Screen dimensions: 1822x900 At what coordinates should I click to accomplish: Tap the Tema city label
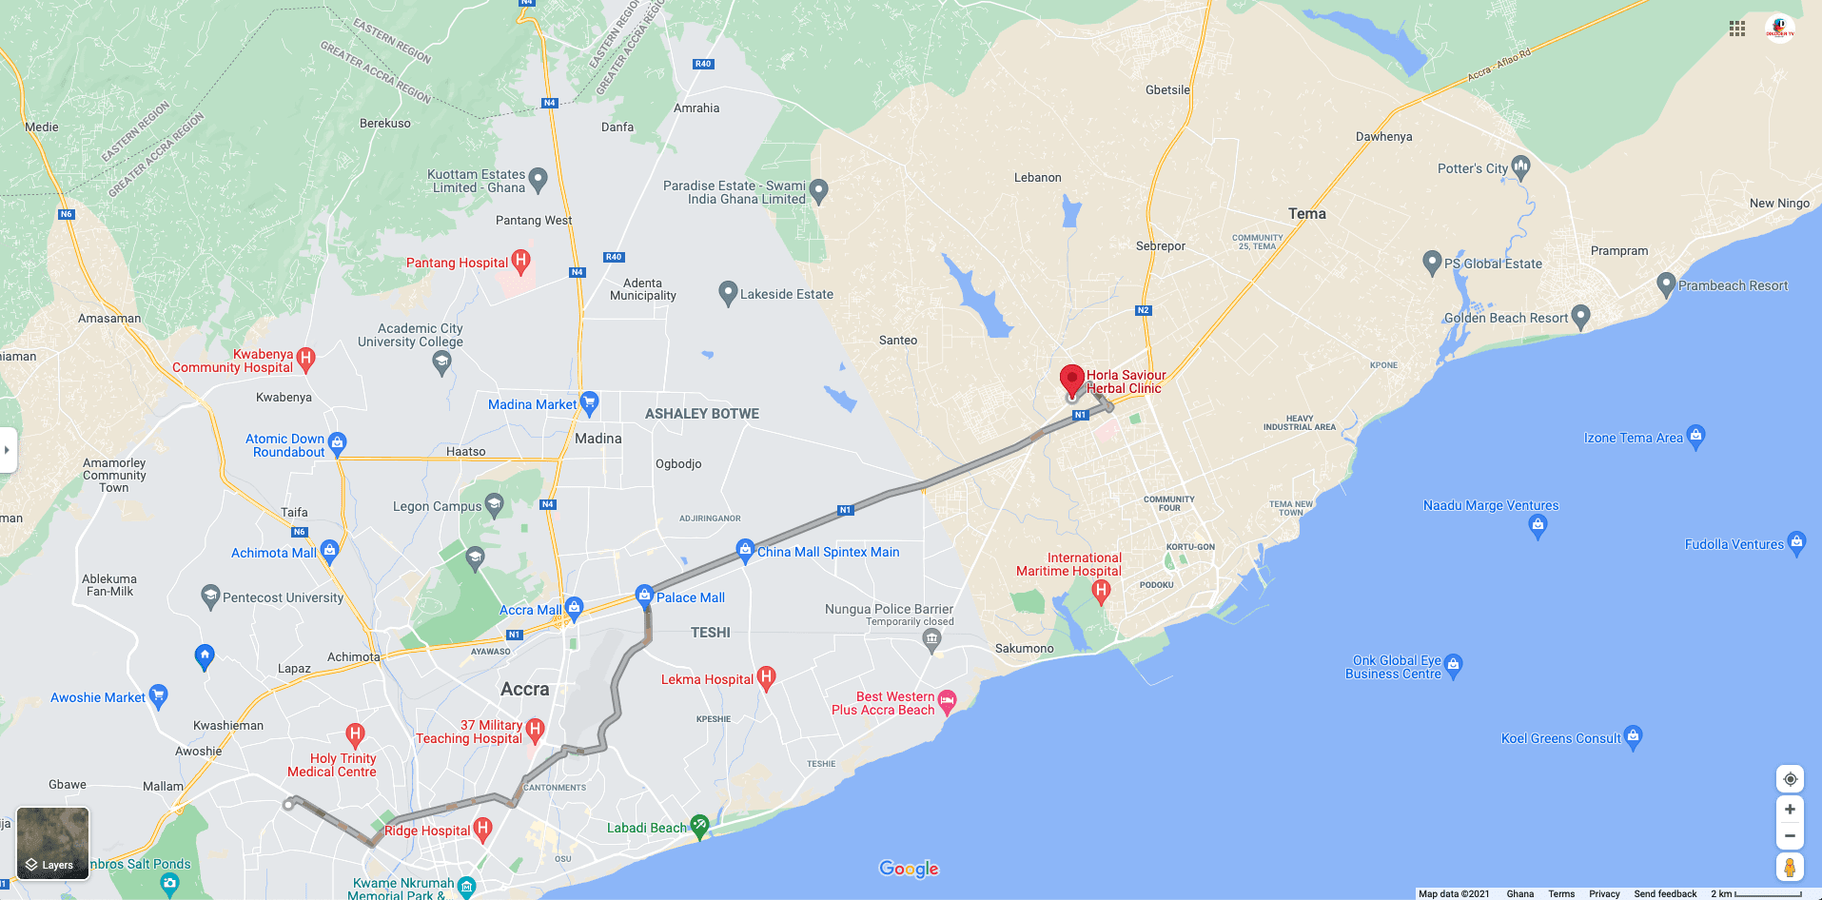coord(1306,214)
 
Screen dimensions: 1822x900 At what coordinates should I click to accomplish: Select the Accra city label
coord(524,689)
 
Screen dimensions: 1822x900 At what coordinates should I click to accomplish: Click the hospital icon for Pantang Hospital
coord(520,260)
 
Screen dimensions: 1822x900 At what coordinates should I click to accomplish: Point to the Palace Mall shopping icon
coord(644,597)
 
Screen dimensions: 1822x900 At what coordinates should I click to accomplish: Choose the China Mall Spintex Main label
coord(828,552)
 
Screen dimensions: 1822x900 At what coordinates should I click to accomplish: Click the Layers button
coord(53,843)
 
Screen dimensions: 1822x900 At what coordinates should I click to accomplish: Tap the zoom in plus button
coord(1790,810)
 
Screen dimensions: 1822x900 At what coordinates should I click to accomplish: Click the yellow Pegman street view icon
coord(1790,867)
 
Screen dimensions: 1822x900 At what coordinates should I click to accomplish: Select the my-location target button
coord(1790,779)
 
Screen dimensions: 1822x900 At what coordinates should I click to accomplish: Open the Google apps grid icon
coord(1737,29)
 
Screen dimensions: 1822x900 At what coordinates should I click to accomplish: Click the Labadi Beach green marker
coord(700,826)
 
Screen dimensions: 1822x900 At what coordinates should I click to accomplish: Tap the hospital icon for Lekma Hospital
coord(766,677)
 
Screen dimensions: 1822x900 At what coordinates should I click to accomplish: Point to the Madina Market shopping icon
coord(589,402)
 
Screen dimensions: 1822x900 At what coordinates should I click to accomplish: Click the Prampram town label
coord(1619,251)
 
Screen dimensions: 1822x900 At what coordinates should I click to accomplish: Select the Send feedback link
coord(1665,893)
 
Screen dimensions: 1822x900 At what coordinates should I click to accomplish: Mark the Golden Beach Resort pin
coord(1580,316)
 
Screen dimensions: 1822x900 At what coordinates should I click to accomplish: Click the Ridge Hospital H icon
coord(482,829)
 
